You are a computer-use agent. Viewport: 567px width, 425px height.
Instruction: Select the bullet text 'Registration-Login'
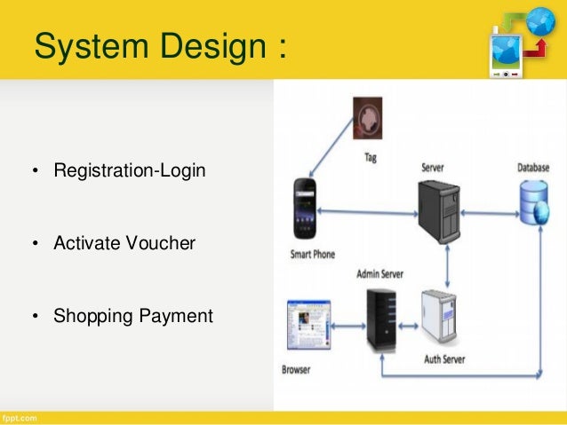click(130, 169)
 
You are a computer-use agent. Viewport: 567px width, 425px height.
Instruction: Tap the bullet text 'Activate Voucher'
click(124, 241)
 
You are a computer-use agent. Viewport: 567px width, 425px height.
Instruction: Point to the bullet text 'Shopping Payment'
click(133, 314)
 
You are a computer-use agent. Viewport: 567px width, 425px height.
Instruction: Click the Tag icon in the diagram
click(368, 119)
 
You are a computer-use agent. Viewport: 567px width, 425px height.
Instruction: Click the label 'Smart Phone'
click(312, 255)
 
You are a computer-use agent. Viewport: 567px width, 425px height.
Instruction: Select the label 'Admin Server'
click(380, 275)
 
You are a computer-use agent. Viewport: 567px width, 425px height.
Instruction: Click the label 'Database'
click(535, 168)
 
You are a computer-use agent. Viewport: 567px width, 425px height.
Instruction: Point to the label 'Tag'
click(371, 158)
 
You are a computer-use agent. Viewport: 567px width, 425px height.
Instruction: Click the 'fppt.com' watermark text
click(20, 417)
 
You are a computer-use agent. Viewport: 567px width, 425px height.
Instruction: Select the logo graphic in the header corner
click(522, 44)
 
